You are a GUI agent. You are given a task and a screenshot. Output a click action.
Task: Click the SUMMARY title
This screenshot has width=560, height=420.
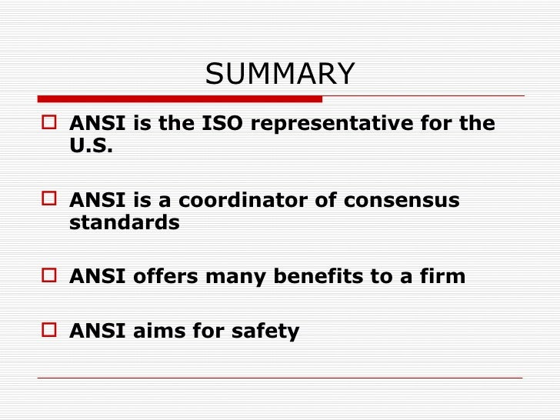click(x=280, y=75)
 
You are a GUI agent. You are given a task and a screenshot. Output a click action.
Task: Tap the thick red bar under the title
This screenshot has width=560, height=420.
click(x=180, y=98)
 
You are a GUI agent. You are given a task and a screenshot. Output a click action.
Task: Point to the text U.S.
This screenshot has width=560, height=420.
click(x=91, y=146)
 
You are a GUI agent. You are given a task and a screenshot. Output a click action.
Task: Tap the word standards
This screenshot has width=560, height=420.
click(x=124, y=223)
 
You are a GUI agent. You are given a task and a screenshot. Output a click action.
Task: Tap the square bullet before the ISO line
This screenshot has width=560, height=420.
click(x=52, y=124)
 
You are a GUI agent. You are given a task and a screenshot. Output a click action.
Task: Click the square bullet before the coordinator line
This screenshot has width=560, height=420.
click(x=52, y=200)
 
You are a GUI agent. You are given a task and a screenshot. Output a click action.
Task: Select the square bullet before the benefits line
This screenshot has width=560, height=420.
click(x=52, y=276)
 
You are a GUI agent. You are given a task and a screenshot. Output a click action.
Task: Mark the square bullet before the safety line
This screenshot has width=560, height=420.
click(x=52, y=331)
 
